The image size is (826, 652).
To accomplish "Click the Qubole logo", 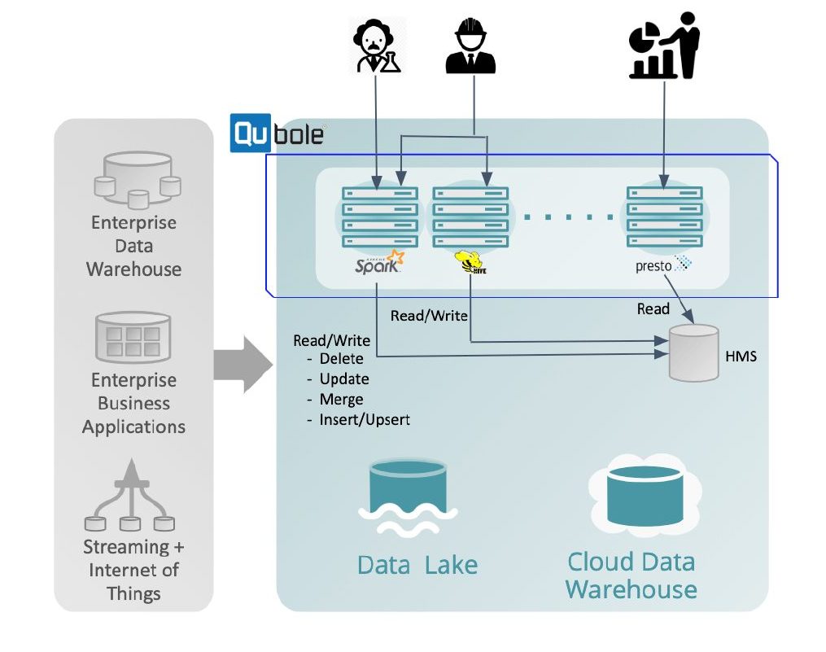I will [278, 133].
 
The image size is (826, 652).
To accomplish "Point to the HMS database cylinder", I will [693, 352].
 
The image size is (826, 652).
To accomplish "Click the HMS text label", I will [741, 356].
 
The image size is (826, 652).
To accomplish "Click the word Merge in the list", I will [341, 400].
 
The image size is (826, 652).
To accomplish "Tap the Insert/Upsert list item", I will [364, 420].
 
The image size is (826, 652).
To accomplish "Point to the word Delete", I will [341, 359].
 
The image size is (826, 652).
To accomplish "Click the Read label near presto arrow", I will [653, 309].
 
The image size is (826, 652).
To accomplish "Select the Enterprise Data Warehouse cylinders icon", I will [135, 179].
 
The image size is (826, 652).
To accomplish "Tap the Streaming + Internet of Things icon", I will [130, 497].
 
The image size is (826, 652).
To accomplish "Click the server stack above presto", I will [664, 217].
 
